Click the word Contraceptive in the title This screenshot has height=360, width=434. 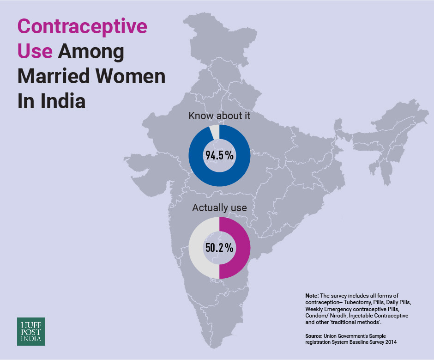[x=82, y=27]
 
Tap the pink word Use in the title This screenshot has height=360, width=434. [x=35, y=51]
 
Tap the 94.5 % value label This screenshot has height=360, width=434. [x=219, y=156]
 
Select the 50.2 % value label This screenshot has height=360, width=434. [x=219, y=248]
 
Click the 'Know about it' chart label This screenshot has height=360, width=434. [x=219, y=116]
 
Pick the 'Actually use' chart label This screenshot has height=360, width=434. [x=219, y=208]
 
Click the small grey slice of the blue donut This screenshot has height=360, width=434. [x=214, y=131]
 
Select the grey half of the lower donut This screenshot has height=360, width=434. [x=197, y=248]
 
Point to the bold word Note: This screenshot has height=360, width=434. [x=312, y=295]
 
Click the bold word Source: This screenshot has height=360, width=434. [x=315, y=336]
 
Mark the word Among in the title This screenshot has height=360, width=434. [x=90, y=51]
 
